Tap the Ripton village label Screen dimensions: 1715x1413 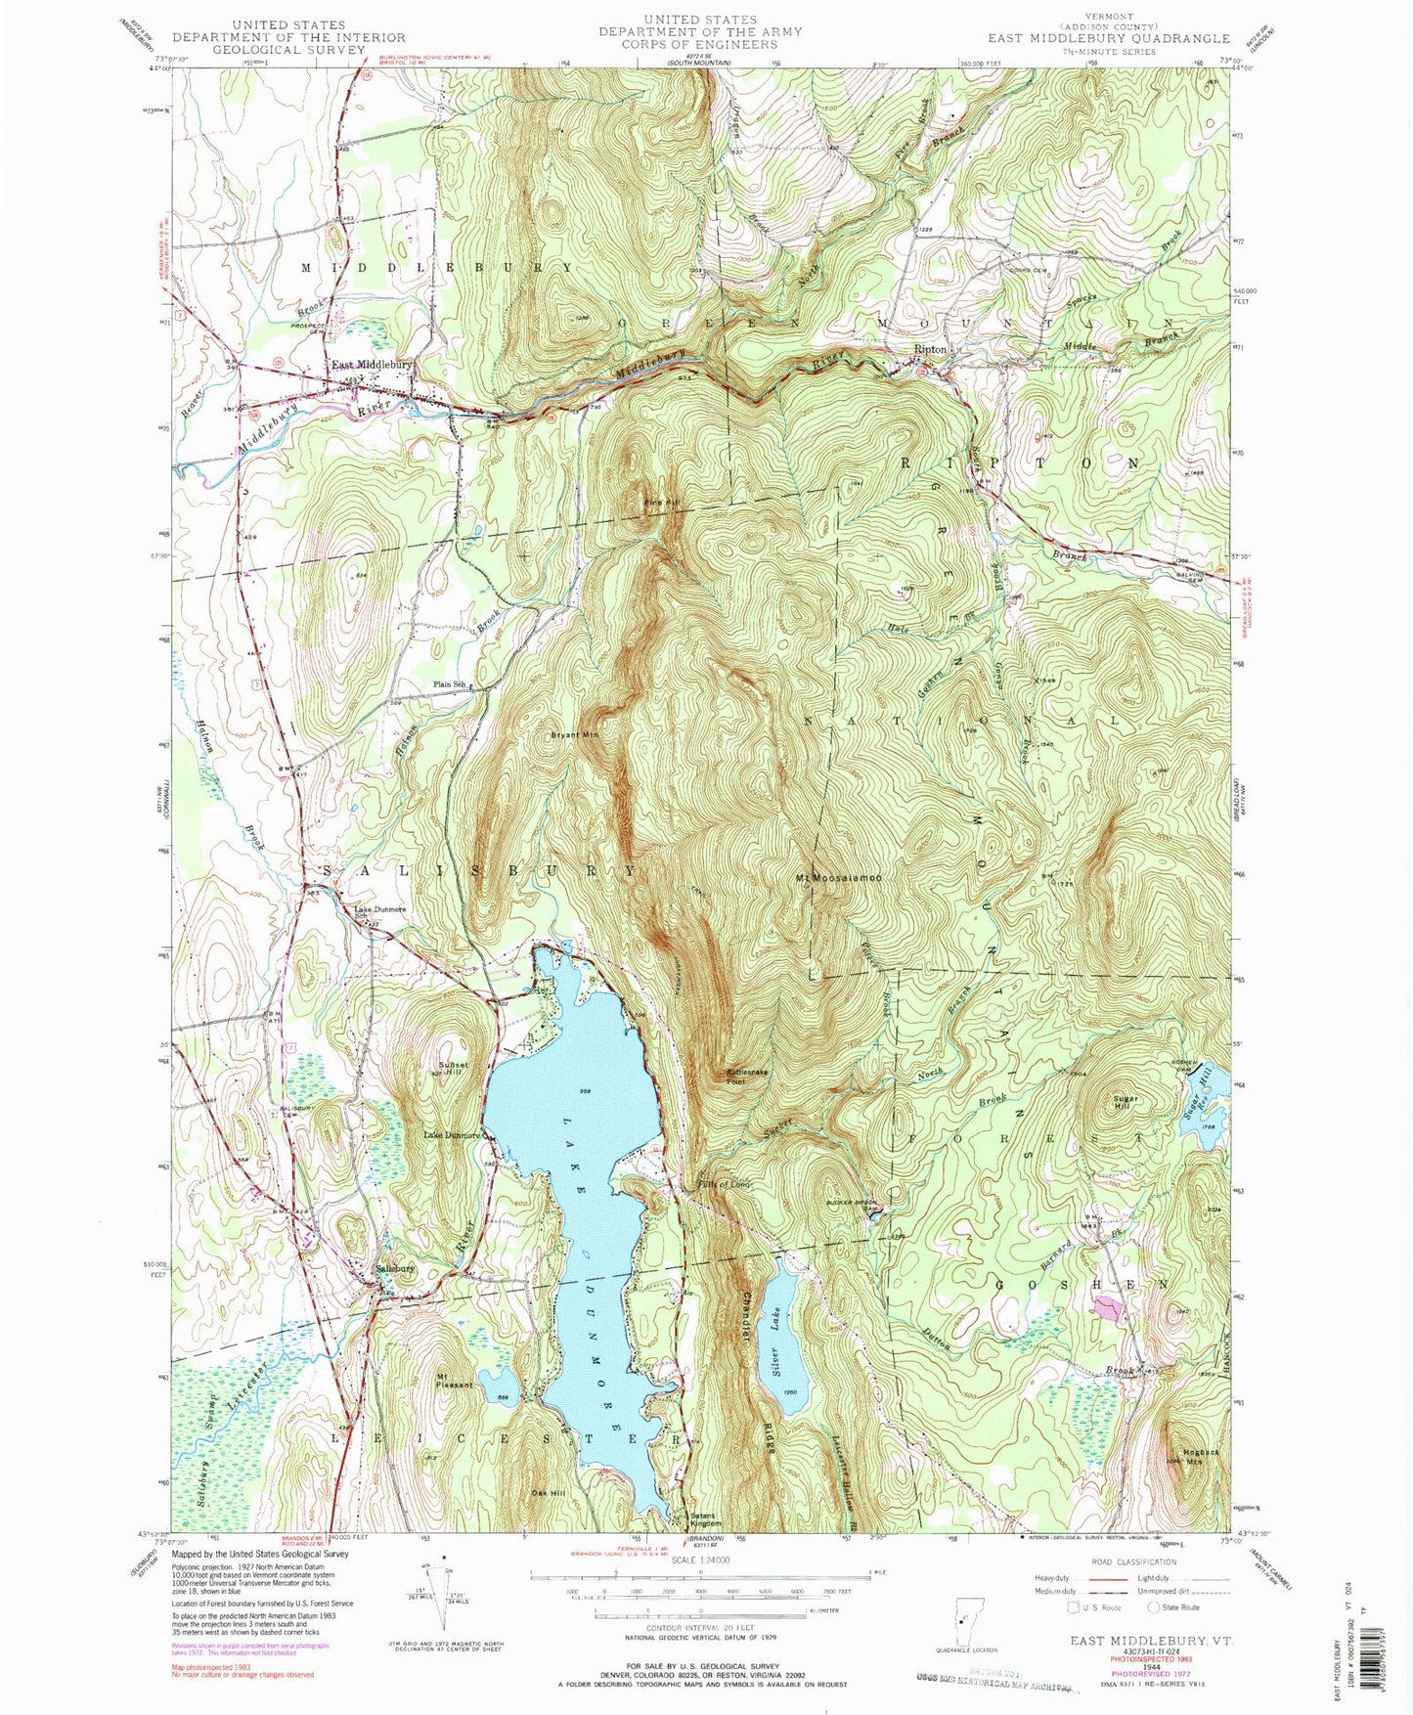point(930,349)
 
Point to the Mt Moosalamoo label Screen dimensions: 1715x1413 point(838,878)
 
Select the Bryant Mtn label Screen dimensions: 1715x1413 point(574,733)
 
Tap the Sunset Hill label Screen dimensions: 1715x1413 point(453,1069)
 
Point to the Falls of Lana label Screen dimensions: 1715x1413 point(725,1184)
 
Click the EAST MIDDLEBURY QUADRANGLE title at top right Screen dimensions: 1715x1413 point(1108,38)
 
